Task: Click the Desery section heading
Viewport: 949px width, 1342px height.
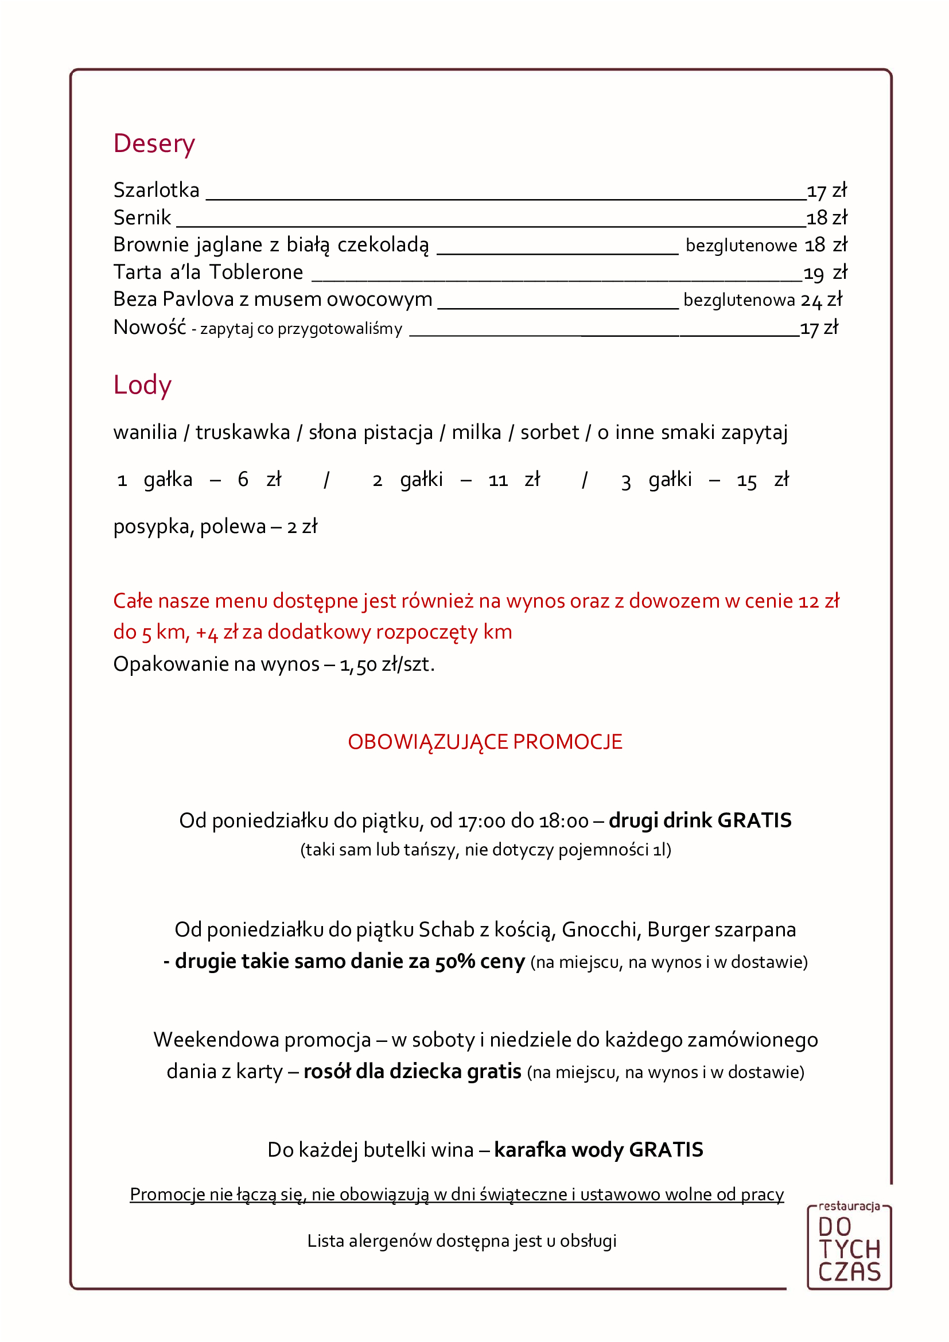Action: point(154,144)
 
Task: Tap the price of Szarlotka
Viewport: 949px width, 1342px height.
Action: point(826,191)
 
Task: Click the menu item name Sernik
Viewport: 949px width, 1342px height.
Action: point(142,218)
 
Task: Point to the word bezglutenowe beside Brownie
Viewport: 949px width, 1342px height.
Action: point(741,246)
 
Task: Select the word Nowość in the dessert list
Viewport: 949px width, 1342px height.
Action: point(150,327)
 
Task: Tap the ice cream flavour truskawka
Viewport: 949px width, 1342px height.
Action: point(243,433)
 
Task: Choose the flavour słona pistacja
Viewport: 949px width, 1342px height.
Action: point(371,433)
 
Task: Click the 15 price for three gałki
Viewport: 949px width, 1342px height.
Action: point(746,481)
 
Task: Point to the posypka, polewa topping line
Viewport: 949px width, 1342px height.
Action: point(215,527)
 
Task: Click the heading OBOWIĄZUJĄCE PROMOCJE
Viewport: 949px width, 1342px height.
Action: point(485,742)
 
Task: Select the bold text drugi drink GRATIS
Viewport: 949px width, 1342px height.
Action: point(700,820)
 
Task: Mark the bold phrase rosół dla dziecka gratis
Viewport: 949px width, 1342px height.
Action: point(412,1071)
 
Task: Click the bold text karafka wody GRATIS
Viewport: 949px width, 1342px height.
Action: point(598,1150)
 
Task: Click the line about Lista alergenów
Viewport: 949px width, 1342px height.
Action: point(462,1240)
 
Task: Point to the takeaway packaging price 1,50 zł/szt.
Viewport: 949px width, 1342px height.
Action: point(387,664)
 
